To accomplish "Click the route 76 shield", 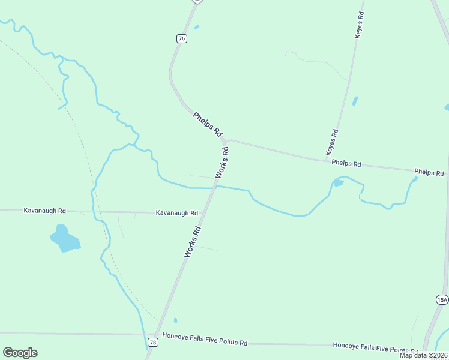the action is [182, 38].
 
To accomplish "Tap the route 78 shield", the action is [153, 343].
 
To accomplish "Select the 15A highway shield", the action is [442, 299].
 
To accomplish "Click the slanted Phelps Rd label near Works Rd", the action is [208, 124].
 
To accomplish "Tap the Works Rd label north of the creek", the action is [222, 162].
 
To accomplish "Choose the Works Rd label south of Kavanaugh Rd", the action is [192, 242].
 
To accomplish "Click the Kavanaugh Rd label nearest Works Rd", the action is [177, 213].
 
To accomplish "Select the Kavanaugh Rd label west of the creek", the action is [44, 211].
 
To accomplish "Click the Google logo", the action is [20, 353].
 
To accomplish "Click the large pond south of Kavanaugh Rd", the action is [64, 238].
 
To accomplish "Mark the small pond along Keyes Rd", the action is [355, 101].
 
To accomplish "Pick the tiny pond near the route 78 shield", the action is [175, 320].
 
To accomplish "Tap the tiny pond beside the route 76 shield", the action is [196, 26].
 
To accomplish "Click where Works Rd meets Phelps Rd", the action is [226, 141].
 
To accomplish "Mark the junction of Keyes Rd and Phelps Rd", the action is [327, 160].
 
